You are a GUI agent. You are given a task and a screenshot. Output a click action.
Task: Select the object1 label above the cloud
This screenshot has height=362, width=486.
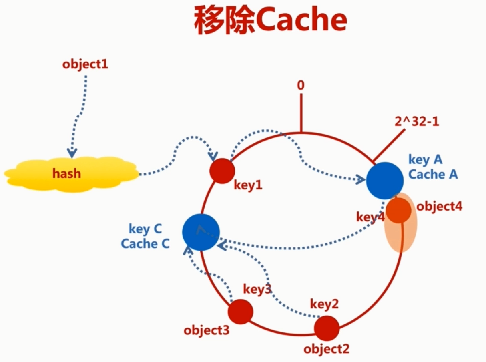pyautogui.click(x=85, y=64)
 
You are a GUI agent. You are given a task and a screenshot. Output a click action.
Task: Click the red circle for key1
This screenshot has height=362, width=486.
pyautogui.click(x=222, y=171)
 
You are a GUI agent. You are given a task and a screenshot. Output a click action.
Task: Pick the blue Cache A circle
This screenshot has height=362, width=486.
pyautogui.click(x=384, y=181)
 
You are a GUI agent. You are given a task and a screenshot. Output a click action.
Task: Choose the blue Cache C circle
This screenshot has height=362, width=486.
pyautogui.click(x=201, y=232)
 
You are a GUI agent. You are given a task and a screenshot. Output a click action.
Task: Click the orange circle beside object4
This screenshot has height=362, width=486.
pyautogui.click(x=398, y=210)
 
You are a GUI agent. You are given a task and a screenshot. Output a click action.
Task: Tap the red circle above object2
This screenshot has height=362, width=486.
pyautogui.click(x=326, y=328)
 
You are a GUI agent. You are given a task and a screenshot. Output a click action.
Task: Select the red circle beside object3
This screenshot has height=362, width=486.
pyautogui.click(x=240, y=312)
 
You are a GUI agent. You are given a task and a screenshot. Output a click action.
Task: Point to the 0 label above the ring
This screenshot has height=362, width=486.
pyautogui.click(x=301, y=85)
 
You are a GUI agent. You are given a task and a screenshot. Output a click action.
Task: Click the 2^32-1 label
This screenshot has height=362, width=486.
pyautogui.click(x=416, y=121)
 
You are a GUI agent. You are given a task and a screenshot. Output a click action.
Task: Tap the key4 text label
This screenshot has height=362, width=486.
pyautogui.click(x=370, y=217)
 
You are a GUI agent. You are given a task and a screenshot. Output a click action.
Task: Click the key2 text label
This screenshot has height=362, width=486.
pyautogui.click(x=324, y=304)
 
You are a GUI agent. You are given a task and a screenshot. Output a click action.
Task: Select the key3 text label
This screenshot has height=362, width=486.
pyautogui.click(x=257, y=290)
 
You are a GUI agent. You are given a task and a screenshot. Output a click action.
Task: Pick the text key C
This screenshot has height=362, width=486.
pyautogui.click(x=145, y=229)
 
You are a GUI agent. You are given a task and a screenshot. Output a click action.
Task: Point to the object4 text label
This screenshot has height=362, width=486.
pyautogui.click(x=439, y=207)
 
